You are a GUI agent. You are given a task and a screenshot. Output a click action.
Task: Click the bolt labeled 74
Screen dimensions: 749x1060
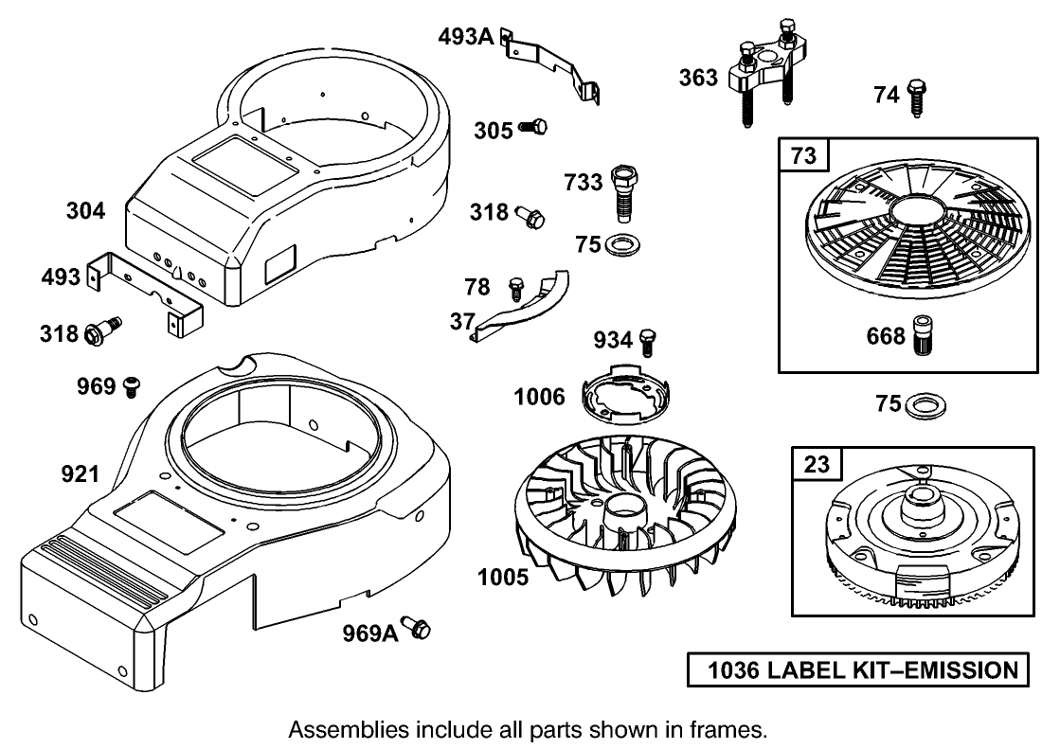click(x=916, y=98)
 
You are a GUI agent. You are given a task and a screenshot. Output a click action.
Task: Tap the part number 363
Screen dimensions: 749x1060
click(x=699, y=78)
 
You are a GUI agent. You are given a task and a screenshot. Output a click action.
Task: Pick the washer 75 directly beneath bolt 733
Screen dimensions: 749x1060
click(x=621, y=245)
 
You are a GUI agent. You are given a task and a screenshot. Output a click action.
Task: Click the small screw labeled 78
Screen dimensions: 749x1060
click(x=516, y=286)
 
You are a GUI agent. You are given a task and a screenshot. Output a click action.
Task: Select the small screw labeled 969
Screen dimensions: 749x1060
click(x=132, y=385)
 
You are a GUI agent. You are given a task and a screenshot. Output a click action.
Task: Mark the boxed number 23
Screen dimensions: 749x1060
click(x=816, y=464)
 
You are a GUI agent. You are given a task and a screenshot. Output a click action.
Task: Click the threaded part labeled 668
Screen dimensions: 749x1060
click(x=923, y=336)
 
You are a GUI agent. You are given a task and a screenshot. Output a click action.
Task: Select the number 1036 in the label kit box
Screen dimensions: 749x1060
click(x=733, y=670)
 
